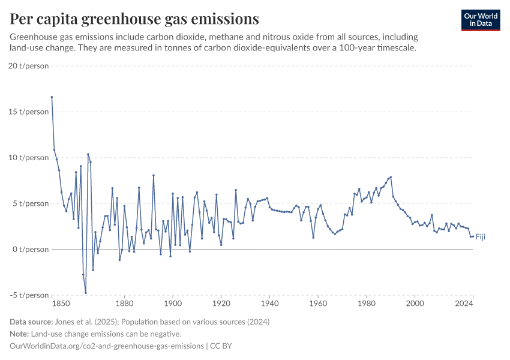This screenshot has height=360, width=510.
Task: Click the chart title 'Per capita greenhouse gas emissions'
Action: pos(134,19)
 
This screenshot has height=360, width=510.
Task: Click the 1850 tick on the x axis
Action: pos(52,304)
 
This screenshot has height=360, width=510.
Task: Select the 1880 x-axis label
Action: pos(124,304)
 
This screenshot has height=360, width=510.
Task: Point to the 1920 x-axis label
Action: pos(221,304)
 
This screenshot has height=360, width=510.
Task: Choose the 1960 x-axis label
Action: pos(318,304)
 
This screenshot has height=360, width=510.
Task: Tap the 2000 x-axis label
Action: pos(415,304)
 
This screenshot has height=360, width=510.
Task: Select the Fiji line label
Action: pos(480,237)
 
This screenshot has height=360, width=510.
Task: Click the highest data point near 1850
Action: pos(52,97)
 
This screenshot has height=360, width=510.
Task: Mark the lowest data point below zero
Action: pos(86,293)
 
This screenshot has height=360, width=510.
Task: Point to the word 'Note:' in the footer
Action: pos(20,334)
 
